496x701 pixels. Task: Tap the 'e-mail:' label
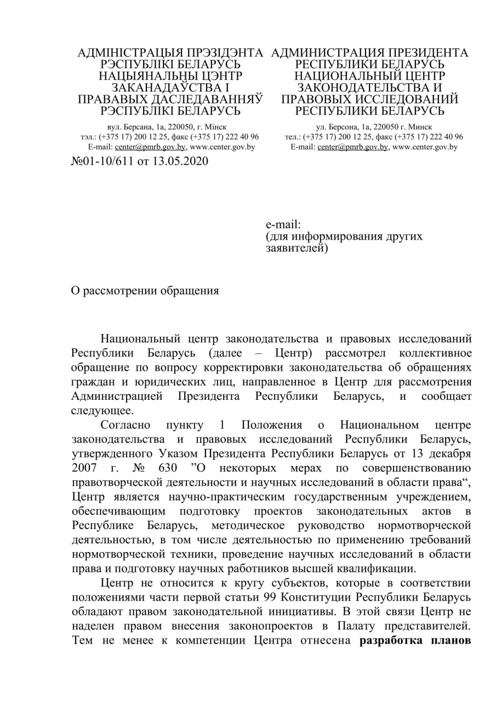pyautogui.click(x=283, y=225)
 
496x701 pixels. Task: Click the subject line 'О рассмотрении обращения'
pyautogui.click(x=145, y=291)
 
